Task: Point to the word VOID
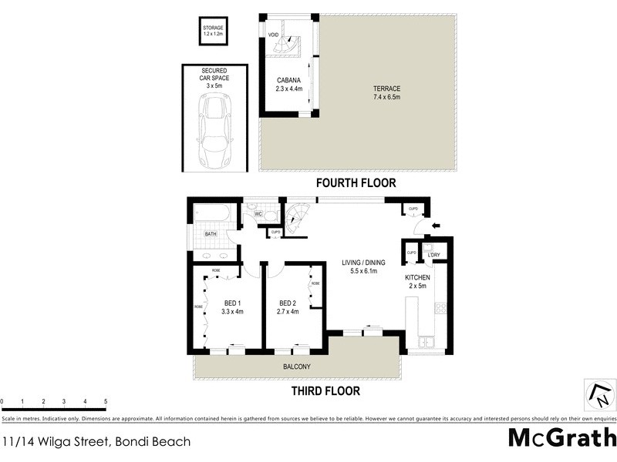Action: tap(273, 35)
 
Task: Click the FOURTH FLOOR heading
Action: tap(356, 183)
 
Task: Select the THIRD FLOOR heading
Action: tap(325, 390)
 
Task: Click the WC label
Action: tap(258, 214)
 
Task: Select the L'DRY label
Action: tap(433, 254)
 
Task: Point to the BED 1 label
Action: tap(232, 307)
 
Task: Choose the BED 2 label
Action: tap(288, 307)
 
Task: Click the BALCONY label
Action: tap(296, 367)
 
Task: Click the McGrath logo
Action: tap(561, 438)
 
